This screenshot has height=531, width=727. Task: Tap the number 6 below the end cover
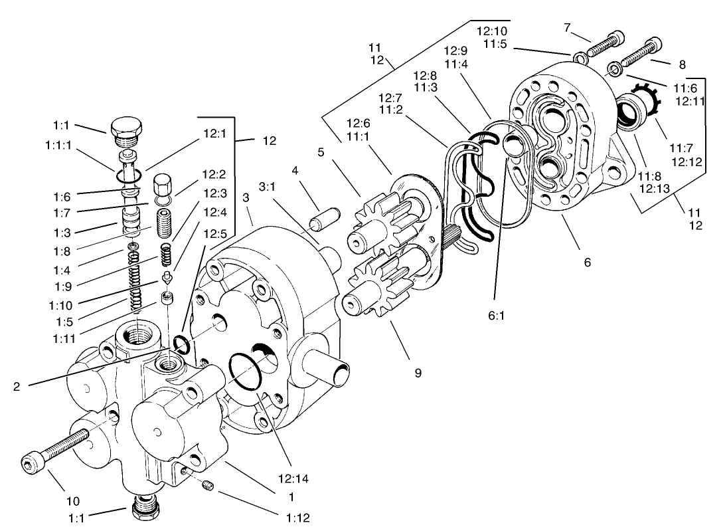click(587, 262)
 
